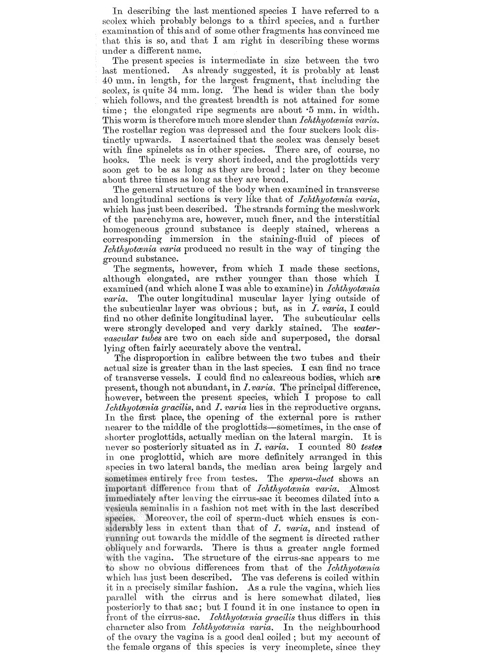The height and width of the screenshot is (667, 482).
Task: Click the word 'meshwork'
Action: (x=359, y=209)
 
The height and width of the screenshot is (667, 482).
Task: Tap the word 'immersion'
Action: (x=191, y=239)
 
